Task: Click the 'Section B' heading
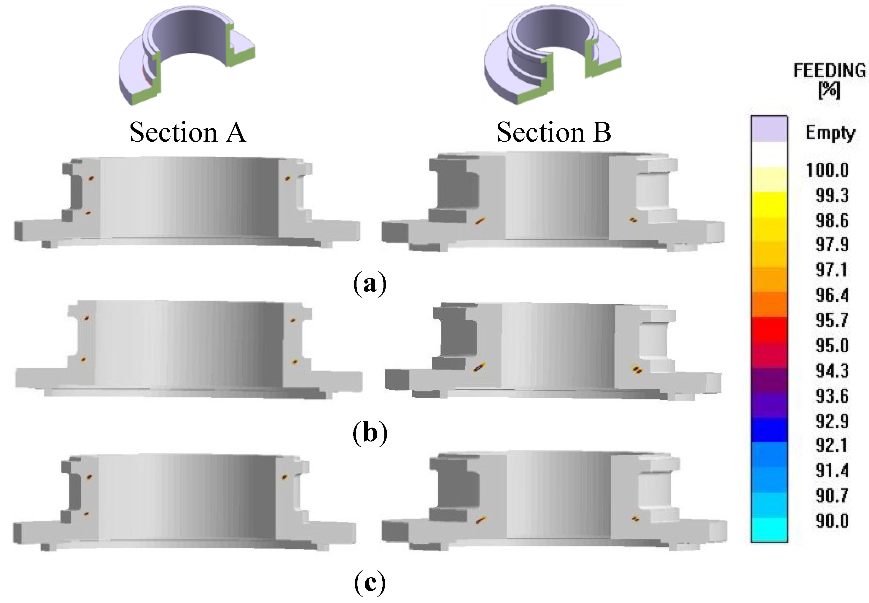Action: coord(554,132)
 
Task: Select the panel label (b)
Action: coord(370,433)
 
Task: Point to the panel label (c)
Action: coord(370,582)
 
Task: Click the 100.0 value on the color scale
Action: coord(827,170)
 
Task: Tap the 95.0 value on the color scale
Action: coord(832,345)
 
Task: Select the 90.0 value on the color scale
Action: coord(832,521)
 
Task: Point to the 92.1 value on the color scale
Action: coord(832,445)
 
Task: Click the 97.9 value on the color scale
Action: coord(832,245)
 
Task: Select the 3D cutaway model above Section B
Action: coord(553,57)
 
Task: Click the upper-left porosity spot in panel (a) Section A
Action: coord(91,178)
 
